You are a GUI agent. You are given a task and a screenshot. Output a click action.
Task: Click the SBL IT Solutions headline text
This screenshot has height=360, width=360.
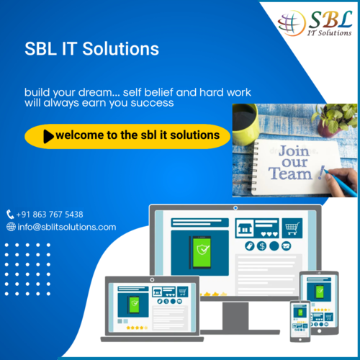[x=91, y=49]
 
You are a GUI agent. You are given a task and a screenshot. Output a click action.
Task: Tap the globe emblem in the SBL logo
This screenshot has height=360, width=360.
[x=292, y=23]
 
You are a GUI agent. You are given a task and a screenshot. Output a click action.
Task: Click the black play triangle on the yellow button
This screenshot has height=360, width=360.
[x=49, y=136]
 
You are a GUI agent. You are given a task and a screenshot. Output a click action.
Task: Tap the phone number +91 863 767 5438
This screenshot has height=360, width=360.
[x=50, y=215]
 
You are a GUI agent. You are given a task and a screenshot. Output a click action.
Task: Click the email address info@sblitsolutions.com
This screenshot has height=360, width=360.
[x=67, y=227]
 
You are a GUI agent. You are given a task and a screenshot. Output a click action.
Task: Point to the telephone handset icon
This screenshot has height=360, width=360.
[x=10, y=215]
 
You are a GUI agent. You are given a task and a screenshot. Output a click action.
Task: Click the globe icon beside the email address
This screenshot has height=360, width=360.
[x=11, y=227]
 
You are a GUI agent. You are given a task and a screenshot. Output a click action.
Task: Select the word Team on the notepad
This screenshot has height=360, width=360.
[x=290, y=174]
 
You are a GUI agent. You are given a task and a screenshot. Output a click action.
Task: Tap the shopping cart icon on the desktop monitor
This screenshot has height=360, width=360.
[x=292, y=228]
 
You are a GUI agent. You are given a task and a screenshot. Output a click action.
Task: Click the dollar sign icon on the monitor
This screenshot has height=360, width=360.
[x=261, y=246]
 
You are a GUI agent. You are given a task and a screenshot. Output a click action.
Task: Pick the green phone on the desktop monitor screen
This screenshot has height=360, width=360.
[x=202, y=252]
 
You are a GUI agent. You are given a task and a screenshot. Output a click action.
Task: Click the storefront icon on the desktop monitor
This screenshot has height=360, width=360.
[x=244, y=228]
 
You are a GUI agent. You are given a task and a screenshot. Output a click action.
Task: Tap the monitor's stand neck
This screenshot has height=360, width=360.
[x=235, y=316]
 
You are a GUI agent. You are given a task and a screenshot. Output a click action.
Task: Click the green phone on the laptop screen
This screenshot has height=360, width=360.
[x=134, y=305]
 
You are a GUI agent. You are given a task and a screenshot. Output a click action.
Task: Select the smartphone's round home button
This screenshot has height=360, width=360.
[x=300, y=340]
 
